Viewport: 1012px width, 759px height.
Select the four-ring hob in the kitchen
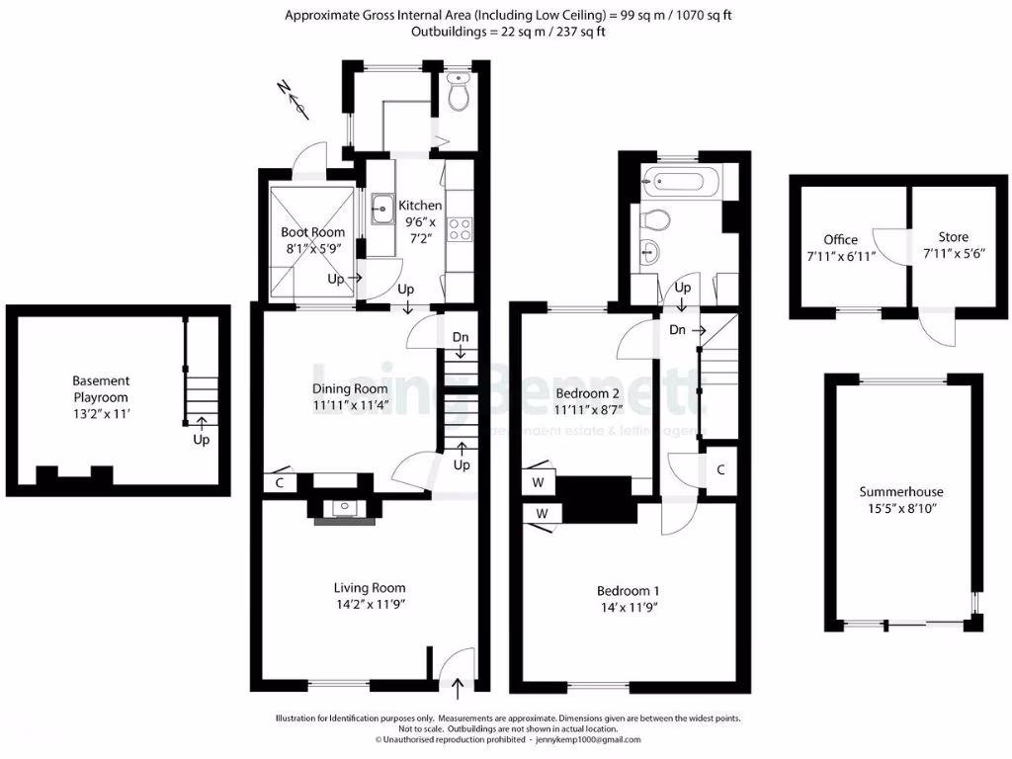coord(460,229)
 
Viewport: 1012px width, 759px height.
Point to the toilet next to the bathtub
coord(657,218)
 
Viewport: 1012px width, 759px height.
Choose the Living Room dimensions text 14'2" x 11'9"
coord(371,603)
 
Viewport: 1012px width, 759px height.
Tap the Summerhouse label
coord(900,491)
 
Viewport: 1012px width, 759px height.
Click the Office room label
coord(841,239)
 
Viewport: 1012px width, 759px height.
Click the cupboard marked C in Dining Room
coord(280,483)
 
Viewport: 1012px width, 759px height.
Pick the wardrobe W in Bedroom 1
coord(542,514)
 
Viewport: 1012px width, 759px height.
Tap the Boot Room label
coord(313,232)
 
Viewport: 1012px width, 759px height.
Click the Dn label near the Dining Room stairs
coord(461,338)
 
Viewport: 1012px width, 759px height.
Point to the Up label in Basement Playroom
coord(201,439)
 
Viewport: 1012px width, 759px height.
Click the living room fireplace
coord(342,508)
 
